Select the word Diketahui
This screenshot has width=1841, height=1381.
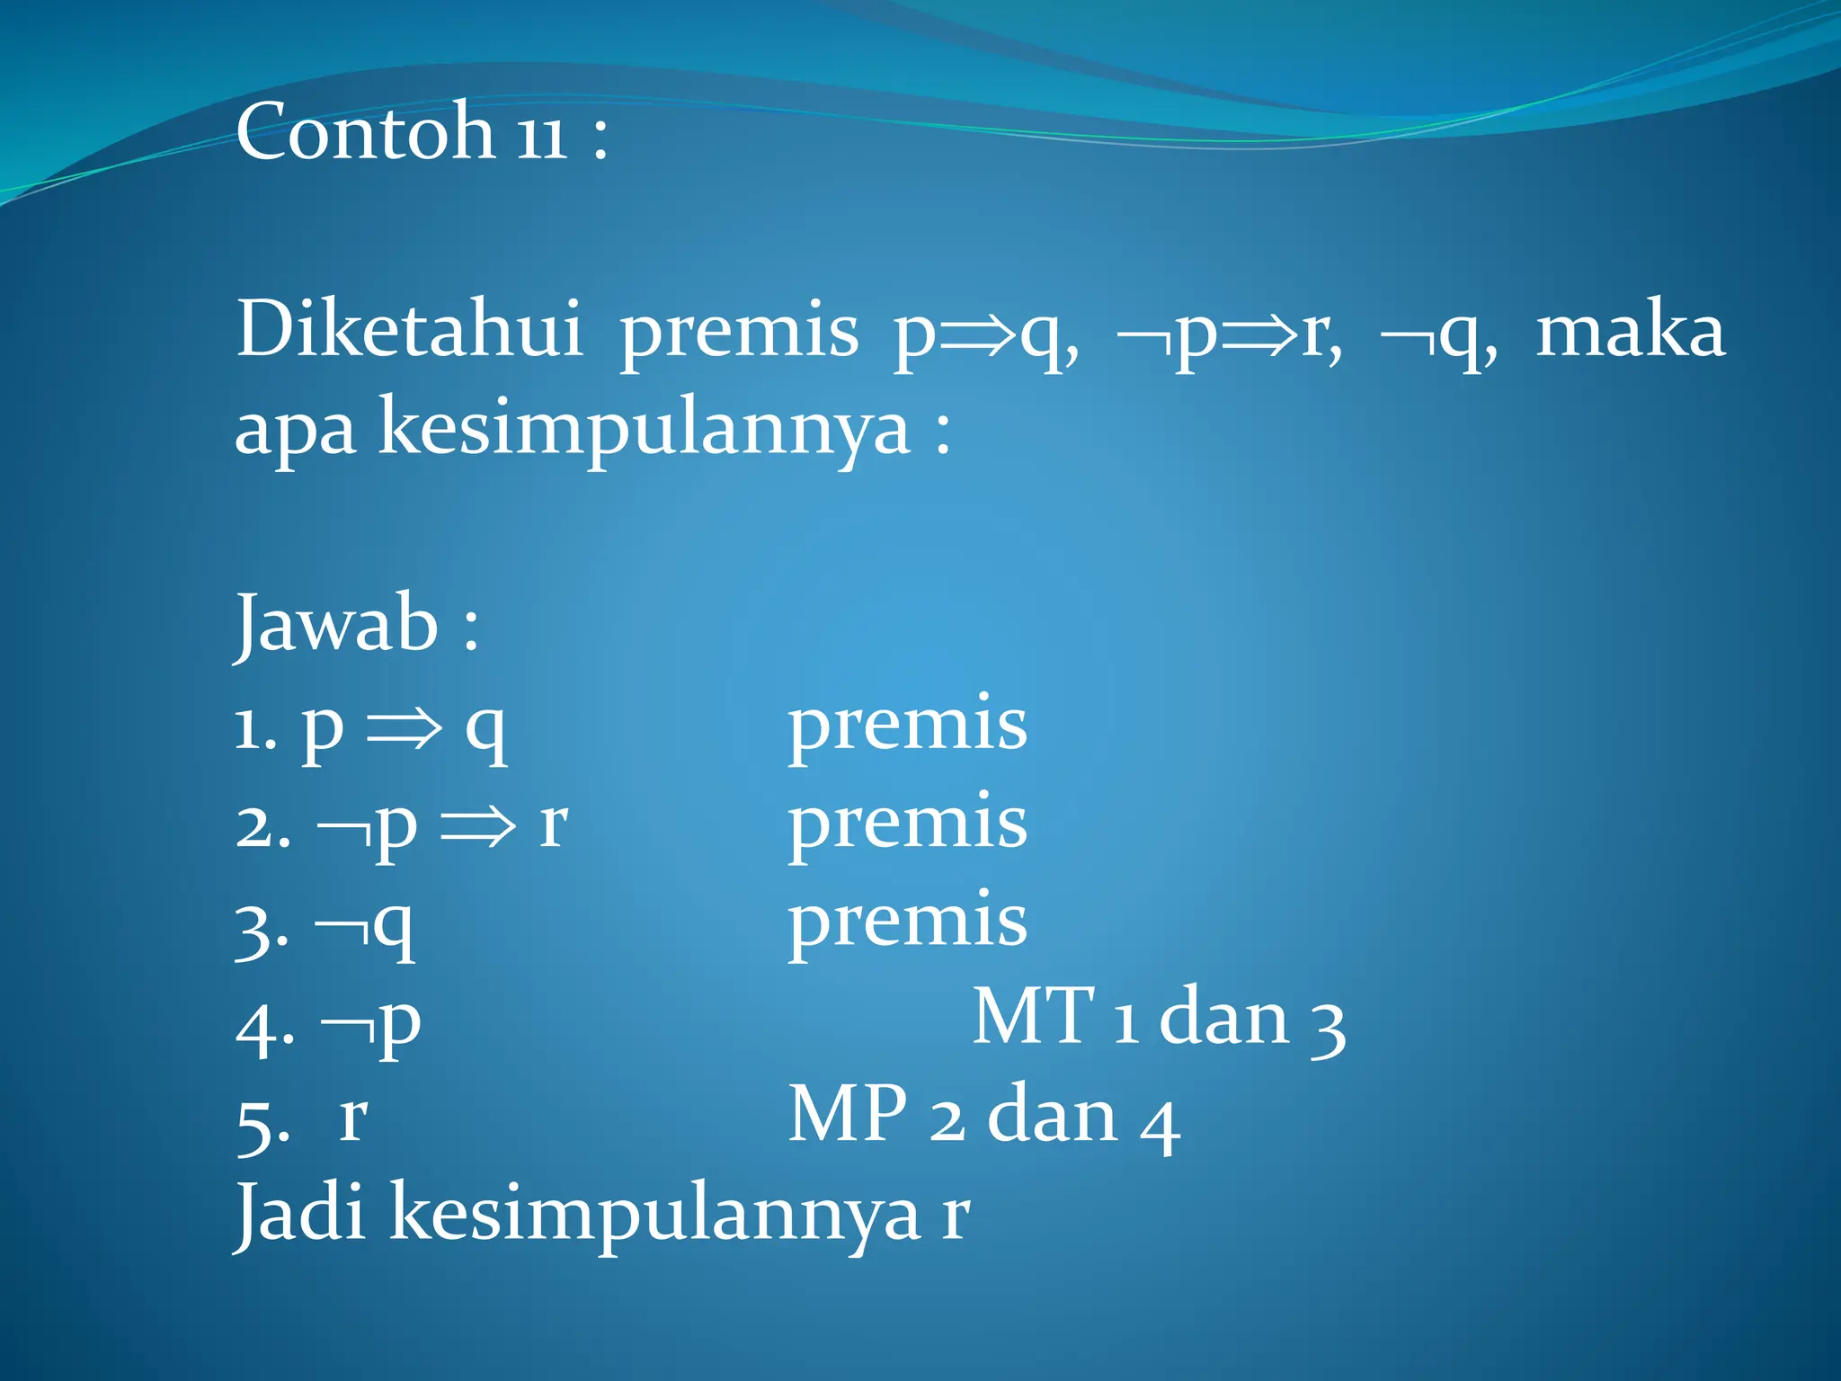(x=409, y=329)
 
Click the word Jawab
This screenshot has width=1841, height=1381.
(x=336, y=624)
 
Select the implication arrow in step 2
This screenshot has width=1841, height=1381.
(x=478, y=825)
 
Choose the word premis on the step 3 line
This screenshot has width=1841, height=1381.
(x=907, y=921)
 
